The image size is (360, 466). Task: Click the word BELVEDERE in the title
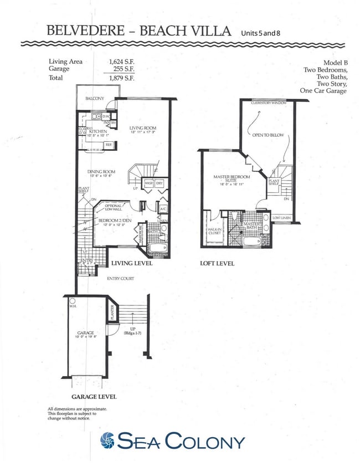[x=84, y=31]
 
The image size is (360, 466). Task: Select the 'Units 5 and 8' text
[x=261, y=33]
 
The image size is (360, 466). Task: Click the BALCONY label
[x=94, y=99]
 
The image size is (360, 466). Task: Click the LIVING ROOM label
[x=143, y=128]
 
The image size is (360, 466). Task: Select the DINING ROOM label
[x=101, y=172]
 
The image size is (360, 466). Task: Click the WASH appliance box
[x=148, y=183]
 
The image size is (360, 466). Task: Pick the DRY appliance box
[x=160, y=183]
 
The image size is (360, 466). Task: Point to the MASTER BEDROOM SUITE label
[x=232, y=178]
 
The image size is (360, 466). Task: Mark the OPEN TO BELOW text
[x=268, y=135]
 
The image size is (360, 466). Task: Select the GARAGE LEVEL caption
[x=94, y=397]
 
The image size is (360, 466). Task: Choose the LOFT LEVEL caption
[x=217, y=264]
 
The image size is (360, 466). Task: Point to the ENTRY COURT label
[x=120, y=278]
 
